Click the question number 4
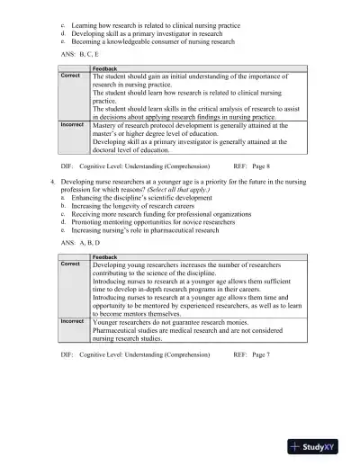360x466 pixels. click(x=52, y=182)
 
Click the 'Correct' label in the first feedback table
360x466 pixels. click(x=70, y=76)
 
